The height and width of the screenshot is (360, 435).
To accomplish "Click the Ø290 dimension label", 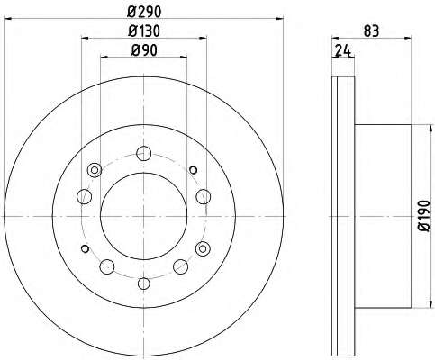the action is pos(144,12).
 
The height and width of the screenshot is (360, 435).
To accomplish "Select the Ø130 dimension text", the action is pos(144,31).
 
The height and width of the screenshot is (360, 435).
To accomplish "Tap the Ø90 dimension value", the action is pos(144,50).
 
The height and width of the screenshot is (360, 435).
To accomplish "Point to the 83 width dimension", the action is pos(371,31).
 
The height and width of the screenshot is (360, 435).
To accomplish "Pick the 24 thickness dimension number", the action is pos(343,50).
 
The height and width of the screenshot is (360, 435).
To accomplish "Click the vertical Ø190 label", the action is pos(425,216).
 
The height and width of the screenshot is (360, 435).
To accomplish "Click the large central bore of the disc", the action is pos(144,216).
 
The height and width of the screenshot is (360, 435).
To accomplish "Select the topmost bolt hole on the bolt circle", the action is pos(143,154).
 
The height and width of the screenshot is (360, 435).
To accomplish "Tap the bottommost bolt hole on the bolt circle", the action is pos(144,283).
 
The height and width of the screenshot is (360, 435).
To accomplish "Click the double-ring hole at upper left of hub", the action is pos(95,170).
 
